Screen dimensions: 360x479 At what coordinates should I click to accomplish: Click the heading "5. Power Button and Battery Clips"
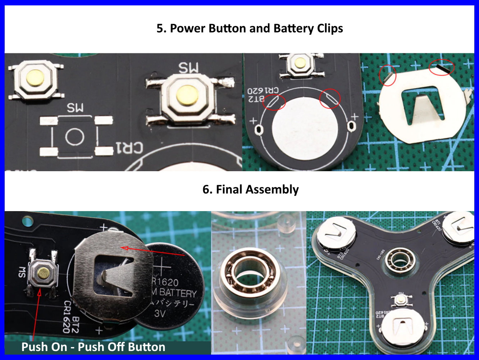(x=250, y=28)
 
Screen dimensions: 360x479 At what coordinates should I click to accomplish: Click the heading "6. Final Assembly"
(x=251, y=189)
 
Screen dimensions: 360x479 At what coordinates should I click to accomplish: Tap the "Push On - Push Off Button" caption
(x=93, y=347)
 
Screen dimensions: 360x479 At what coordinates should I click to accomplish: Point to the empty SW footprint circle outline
(x=74, y=137)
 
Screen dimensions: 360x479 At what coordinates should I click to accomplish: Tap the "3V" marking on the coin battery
(x=160, y=314)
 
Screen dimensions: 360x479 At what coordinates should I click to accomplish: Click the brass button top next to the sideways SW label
(x=43, y=274)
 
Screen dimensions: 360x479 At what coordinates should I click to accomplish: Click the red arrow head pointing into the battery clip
(x=124, y=248)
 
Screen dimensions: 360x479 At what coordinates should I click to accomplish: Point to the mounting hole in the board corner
(x=27, y=220)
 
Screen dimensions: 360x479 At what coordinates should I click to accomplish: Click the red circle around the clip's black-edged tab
(x=442, y=67)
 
